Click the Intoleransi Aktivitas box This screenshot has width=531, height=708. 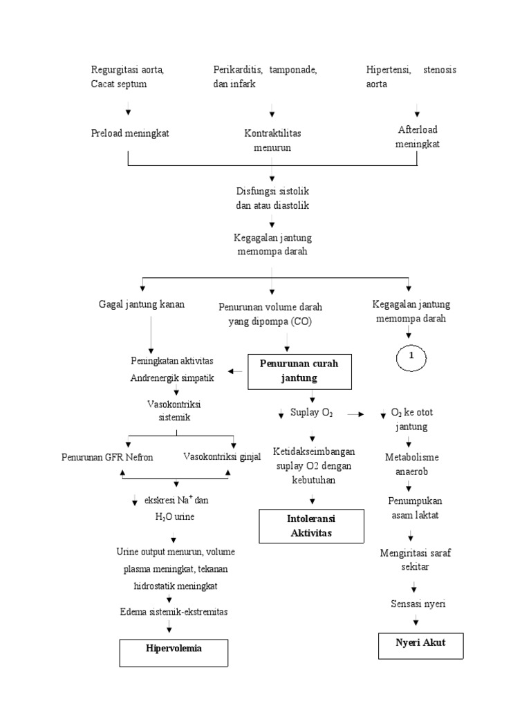[x=310, y=525]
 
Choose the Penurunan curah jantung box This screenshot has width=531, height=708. [x=299, y=371]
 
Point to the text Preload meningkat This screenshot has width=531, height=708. [x=129, y=133]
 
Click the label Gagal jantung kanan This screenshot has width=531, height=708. [x=142, y=304]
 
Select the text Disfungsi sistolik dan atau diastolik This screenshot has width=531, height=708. [x=272, y=199]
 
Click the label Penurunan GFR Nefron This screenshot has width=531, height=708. [x=107, y=457]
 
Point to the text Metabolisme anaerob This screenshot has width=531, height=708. [x=411, y=464]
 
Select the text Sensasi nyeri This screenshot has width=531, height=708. [x=418, y=604]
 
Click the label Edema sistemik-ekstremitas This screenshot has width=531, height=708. [x=174, y=612]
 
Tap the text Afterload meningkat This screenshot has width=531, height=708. [x=418, y=137]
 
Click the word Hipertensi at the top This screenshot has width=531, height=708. [x=389, y=70]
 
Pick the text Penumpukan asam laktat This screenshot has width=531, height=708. [x=414, y=507]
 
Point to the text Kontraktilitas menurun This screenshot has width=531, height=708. [x=272, y=140]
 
